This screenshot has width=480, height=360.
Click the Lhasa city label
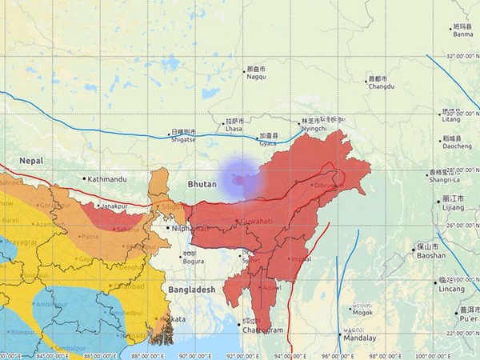(x=234, y=128)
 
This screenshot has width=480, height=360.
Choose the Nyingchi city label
(x=315, y=128)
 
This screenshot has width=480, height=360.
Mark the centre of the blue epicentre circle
(x=240, y=179)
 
